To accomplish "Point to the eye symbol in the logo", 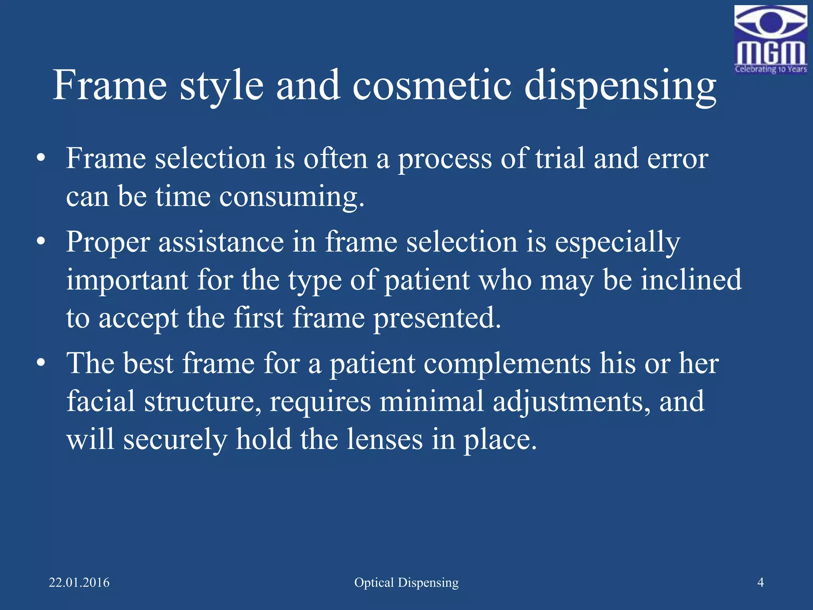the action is (x=771, y=22).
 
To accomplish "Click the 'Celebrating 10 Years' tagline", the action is (x=771, y=69).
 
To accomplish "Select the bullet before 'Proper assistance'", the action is (x=40, y=241).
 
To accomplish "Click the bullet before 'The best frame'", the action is (x=40, y=363).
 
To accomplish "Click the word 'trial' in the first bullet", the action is (x=560, y=158).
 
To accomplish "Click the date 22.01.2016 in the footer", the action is (x=79, y=583).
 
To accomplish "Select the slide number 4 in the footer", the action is (x=761, y=583).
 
